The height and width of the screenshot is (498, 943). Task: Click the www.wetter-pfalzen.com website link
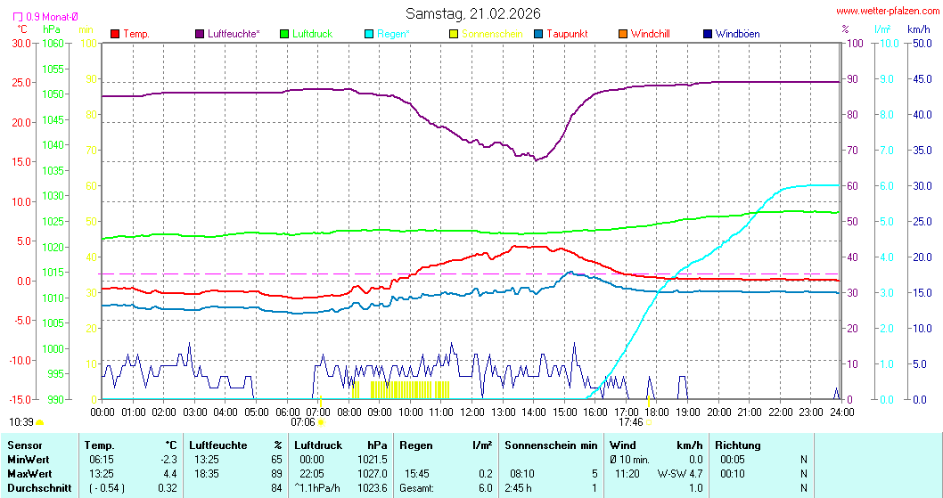tap(886, 12)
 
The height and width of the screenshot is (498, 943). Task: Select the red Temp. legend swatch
tap(115, 34)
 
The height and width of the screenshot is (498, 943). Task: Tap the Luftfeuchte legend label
tap(234, 34)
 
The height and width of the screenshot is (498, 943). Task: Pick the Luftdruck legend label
tap(312, 34)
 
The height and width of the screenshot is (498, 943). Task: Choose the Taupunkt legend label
tap(567, 34)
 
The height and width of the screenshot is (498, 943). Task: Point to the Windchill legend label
tap(650, 34)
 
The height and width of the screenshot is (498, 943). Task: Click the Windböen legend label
tap(737, 34)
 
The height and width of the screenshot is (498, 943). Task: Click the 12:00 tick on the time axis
tap(472, 412)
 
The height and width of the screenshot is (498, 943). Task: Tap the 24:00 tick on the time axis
tap(841, 412)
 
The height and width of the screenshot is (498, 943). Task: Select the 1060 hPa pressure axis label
tap(53, 43)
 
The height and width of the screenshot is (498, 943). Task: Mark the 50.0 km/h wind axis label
tap(920, 43)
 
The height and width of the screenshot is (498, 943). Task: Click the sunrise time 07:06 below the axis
tap(303, 422)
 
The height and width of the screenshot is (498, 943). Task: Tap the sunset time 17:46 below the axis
tap(631, 422)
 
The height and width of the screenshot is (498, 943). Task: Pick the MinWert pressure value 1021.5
tap(373, 459)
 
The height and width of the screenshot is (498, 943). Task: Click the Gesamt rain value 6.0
tap(484, 488)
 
